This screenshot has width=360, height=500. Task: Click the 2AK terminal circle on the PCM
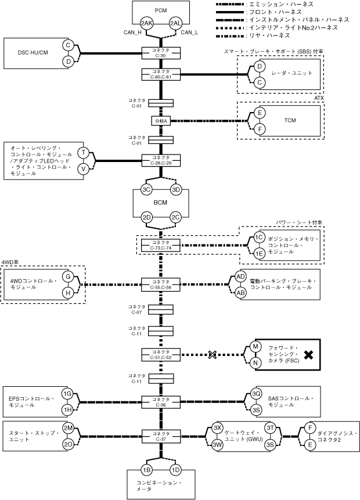147,23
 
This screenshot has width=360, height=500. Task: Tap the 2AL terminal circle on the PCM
176,23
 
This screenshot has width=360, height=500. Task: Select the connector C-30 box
161,53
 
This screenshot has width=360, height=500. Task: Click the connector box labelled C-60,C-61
161,74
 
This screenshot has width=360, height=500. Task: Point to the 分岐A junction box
161,121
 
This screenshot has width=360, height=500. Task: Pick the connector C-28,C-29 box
161,160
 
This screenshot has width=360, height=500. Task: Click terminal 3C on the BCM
146,190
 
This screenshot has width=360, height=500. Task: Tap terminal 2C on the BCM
176,217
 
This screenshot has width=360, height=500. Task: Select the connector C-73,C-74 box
161,245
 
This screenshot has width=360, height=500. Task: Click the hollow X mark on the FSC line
213,355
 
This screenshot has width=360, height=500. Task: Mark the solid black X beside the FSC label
308,355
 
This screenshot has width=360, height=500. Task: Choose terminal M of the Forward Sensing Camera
255,347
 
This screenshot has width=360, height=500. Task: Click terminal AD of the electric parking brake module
240,276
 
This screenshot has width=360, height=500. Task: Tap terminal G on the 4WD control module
68,276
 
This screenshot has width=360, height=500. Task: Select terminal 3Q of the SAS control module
256,394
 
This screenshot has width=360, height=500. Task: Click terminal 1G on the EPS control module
67,394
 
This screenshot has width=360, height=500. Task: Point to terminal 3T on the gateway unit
271,428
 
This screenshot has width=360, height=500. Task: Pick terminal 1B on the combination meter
146,470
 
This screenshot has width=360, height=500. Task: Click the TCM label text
290,121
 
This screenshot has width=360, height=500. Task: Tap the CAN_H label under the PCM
132,32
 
